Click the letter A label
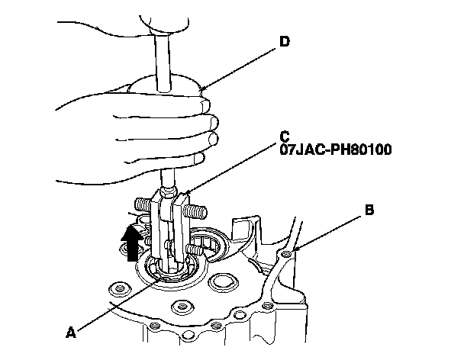coord(70,333)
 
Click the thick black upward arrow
coord(131,243)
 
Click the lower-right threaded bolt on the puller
coord(197,249)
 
